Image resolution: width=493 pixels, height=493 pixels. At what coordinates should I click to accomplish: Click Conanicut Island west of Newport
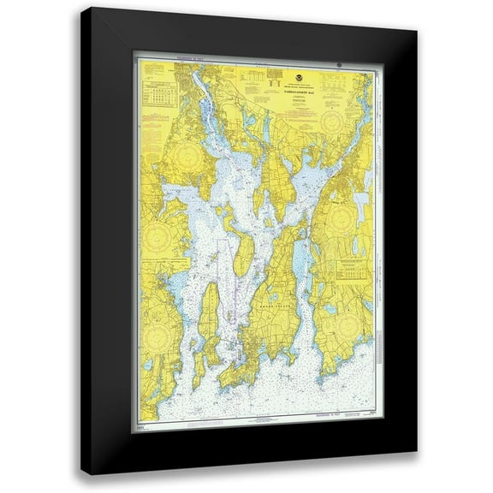[209, 325]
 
